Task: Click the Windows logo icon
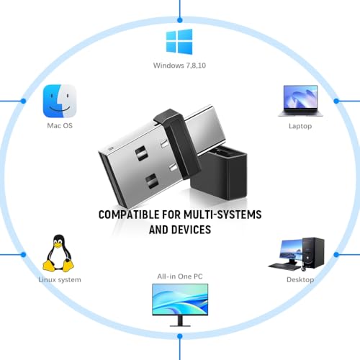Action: [x=179, y=42]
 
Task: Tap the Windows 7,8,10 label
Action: [x=179, y=66]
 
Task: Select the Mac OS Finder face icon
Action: [x=60, y=101]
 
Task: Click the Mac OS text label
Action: [x=60, y=125]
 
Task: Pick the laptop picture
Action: [x=300, y=101]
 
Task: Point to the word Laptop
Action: [x=300, y=126]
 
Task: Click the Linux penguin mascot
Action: [x=58, y=253]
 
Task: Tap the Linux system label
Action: [x=60, y=279]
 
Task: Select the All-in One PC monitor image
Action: [x=180, y=305]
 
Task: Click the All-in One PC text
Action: [x=180, y=276]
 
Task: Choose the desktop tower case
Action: [x=313, y=253]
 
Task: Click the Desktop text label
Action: [x=300, y=279]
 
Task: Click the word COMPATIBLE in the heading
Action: [x=129, y=215]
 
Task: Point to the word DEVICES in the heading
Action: [x=192, y=230]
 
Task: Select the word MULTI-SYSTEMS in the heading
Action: [x=222, y=215]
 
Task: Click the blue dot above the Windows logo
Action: [x=180, y=20]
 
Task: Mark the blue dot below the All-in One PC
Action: [x=180, y=336]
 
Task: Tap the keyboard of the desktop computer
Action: [x=284, y=266]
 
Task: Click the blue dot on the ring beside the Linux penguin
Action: [x=23, y=254]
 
